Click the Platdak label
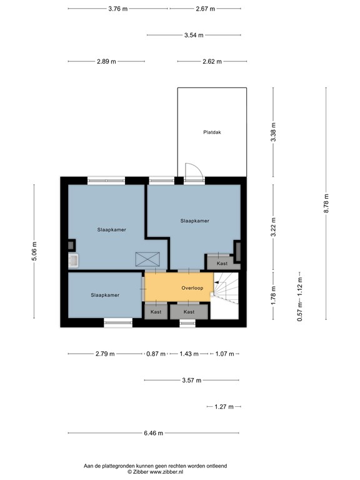tap(212, 132)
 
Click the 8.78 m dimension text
tap(326, 203)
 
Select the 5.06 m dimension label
tap(34, 252)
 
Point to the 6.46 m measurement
tap(153, 433)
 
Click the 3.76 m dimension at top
tap(117, 9)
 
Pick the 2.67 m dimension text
tap(205, 9)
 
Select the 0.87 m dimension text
tap(156, 354)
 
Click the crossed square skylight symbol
tap(149, 258)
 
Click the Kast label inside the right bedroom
tap(222, 264)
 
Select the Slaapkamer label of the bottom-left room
tap(105, 295)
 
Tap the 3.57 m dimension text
tap(192, 380)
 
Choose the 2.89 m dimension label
tap(106, 61)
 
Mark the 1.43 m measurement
tap(189, 354)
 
